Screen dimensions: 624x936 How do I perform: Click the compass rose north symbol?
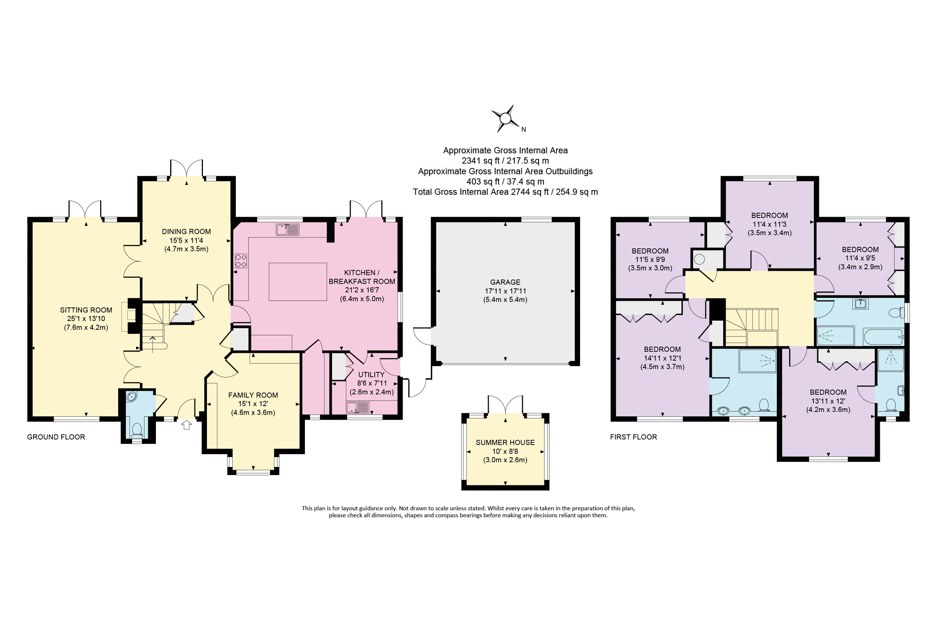click(x=505, y=118)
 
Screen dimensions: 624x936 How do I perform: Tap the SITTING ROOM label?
click(x=86, y=310)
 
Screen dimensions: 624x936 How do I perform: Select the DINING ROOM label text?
click(x=186, y=231)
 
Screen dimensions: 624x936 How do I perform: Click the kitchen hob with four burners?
click(x=241, y=261)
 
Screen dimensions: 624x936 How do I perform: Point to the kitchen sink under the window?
click(x=287, y=230)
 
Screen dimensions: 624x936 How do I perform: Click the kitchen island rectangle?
click(x=298, y=281)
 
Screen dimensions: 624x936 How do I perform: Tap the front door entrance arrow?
click(x=186, y=426)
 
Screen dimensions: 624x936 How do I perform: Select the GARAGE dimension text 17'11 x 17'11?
click(x=505, y=291)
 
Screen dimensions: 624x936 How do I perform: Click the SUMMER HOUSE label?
click(x=505, y=442)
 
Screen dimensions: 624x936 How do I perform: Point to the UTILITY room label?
click(x=371, y=375)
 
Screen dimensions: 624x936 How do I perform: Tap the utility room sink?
click(x=357, y=407)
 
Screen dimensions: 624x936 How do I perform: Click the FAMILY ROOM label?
click(x=253, y=395)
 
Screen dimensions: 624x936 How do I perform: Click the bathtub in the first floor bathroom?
click(x=883, y=337)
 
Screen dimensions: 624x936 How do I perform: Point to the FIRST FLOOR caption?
click(x=633, y=437)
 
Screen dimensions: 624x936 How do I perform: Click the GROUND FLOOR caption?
click(x=56, y=437)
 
